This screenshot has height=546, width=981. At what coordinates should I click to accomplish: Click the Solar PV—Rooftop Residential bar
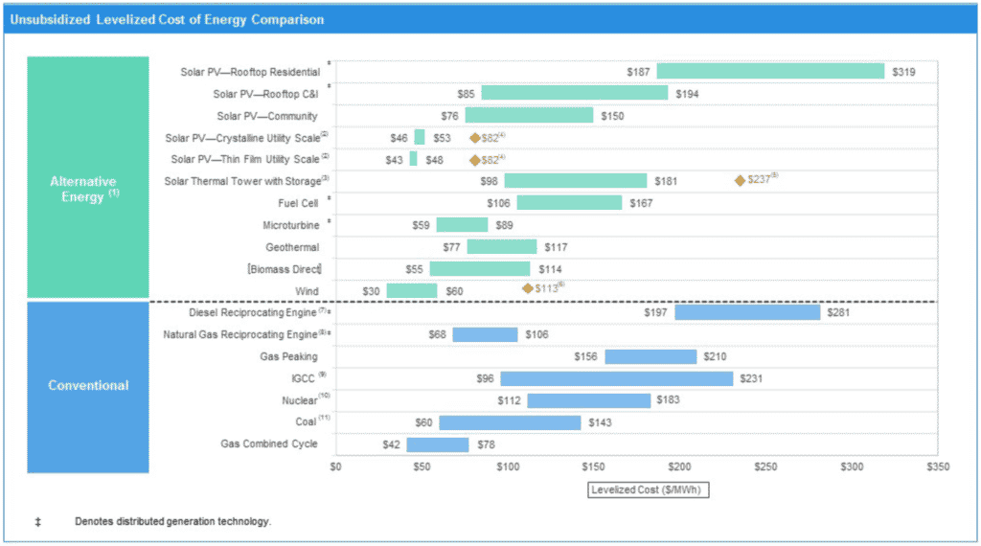click(x=770, y=72)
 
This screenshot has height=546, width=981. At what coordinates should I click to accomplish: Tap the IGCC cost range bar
click(x=616, y=378)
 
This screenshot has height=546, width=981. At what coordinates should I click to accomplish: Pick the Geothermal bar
click(x=502, y=247)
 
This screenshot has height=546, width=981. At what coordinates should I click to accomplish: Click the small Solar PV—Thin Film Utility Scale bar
click(x=414, y=159)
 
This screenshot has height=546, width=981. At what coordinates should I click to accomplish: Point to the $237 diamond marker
click(x=740, y=180)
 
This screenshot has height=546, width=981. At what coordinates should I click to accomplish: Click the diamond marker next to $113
click(x=527, y=288)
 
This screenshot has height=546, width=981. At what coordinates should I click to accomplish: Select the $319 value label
click(x=904, y=72)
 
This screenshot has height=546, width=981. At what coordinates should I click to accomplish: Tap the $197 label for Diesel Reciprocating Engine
click(x=657, y=312)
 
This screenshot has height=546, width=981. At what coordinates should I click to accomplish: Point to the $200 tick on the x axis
click(x=679, y=466)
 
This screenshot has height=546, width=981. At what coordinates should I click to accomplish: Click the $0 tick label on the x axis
click(x=335, y=466)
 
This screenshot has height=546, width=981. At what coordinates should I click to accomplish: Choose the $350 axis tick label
click(x=938, y=466)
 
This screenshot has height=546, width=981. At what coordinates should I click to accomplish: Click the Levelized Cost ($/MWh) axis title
click(x=648, y=489)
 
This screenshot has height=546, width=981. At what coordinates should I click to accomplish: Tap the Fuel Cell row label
click(x=299, y=203)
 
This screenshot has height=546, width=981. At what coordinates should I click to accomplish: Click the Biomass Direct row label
click(x=285, y=269)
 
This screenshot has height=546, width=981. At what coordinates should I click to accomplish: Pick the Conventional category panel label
click(x=88, y=386)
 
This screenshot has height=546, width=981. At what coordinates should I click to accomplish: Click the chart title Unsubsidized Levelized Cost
click(x=167, y=19)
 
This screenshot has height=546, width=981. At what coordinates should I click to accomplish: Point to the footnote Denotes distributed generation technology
click(x=173, y=522)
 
